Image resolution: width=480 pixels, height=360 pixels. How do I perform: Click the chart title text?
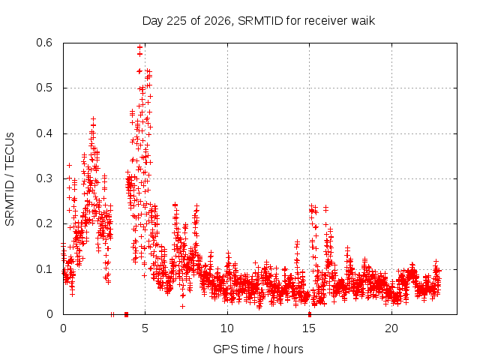259,21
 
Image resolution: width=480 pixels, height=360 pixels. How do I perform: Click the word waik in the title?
363,21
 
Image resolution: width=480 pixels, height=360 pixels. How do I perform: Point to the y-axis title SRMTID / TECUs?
10,179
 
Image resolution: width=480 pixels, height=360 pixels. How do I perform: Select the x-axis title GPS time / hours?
258,349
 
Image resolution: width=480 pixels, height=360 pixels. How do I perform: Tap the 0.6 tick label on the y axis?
44,43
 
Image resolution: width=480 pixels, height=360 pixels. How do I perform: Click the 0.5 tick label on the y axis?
44,88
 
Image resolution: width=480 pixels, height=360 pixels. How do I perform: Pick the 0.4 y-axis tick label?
44,133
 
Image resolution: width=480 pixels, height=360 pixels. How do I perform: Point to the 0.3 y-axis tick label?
44,178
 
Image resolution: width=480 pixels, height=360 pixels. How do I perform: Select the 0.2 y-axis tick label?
44,223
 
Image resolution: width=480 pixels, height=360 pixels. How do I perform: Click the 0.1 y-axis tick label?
44,269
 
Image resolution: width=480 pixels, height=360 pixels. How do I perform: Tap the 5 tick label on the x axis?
145,328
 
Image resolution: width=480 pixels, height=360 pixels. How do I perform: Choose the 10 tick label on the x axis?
227,328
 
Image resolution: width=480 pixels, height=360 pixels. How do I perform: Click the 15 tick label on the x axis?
309,328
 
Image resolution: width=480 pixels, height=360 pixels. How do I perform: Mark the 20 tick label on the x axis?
391,328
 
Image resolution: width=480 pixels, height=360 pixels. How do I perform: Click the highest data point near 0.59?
140,47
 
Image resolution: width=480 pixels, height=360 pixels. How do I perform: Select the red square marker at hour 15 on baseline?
310,314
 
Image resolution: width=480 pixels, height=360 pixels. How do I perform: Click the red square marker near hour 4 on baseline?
126,314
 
